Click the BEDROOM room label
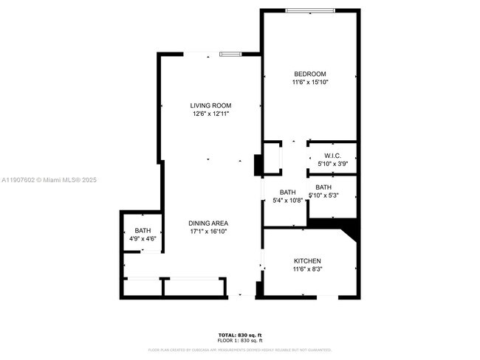[x=309, y=74]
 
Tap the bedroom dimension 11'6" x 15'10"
[x=309, y=82]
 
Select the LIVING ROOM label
[x=211, y=105]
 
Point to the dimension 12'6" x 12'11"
[x=211, y=114]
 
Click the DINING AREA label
[x=208, y=223]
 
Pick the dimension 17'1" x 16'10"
[x=208, y=232]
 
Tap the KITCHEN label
[x=307, y=261]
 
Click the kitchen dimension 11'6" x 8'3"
[x=307, y=269]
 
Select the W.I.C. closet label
[x=332, y=156]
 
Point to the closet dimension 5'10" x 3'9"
[x=332, y=164]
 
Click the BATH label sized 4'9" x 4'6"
[x=143, y=231]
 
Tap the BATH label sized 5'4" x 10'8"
[x=288, y=192]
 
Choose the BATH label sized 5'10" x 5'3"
[x=323, y=187]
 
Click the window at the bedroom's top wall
[x=311, y=10]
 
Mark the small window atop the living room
[x=230, y=53]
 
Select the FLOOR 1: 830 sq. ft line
[x=240, y=341]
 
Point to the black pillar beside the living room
[x=258, y=165]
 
